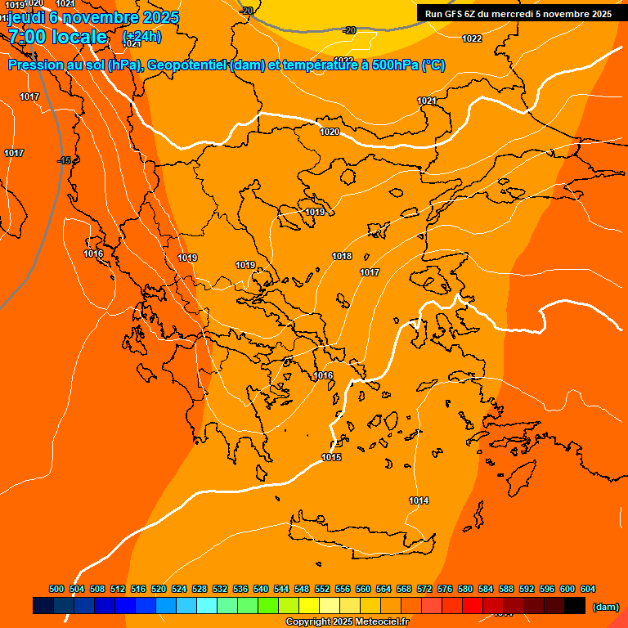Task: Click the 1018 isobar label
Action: (342, 257)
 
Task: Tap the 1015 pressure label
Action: (331, 457)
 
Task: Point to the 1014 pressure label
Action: (419, 500)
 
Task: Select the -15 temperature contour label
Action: (65, 160)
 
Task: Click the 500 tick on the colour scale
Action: (56, 589)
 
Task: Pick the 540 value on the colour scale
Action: (261, 589)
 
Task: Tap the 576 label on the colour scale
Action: (445, 589)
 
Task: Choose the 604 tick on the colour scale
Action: (588, 589)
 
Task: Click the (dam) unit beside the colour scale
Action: (605, 607)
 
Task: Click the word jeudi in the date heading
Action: (27, 17)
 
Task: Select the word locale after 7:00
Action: (78, 37)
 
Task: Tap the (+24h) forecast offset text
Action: (141, 37)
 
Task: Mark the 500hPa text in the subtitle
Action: (395, 65)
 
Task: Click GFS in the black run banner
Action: (455, 14)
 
